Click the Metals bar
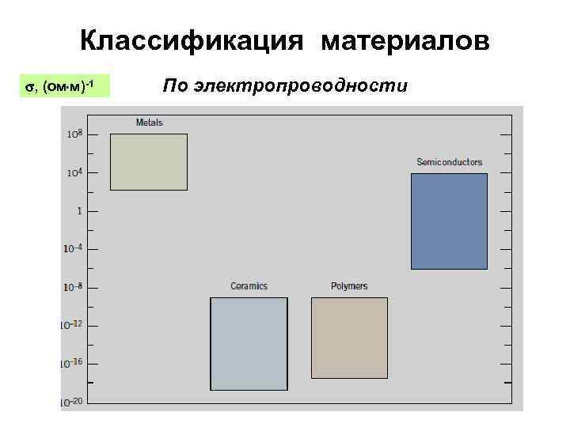coord(149,162)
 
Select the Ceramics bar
coord(249,343)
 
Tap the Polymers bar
coord(349,338)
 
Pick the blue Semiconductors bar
coord(449,221)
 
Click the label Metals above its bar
coord(150,123)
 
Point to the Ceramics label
coord(249,286)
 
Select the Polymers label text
coord(349,286)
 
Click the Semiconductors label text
coord(449,162)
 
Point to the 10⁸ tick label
coord(74,134)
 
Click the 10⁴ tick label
coord(74,172)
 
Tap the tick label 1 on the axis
coord(79,211)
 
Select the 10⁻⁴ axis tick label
coord(73,249)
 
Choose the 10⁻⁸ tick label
coord(73,287)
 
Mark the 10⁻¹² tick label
coord(73,325)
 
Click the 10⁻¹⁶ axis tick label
coord(73,363)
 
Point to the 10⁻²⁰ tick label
coord(73,401)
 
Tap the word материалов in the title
coord(405,41)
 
